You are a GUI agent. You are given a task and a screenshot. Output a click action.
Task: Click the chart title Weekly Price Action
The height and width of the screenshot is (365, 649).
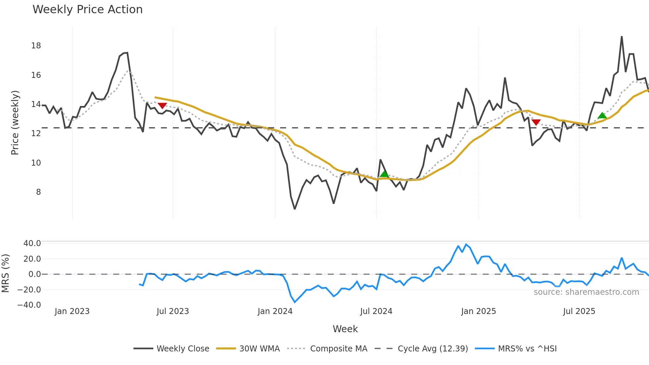[x=87, y=10]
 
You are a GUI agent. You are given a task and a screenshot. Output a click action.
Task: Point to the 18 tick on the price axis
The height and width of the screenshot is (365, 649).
[x=36, y=46]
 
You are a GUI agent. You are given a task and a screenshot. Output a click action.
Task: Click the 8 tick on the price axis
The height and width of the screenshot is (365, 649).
[x=38, y=192]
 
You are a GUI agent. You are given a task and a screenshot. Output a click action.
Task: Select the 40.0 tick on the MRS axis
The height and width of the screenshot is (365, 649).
[x=32, y=243]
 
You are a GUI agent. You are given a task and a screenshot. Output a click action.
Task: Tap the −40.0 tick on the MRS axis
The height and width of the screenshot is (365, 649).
[x=29, y=305]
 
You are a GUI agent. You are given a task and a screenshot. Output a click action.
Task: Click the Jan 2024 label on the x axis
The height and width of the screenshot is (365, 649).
[x=275, y=311]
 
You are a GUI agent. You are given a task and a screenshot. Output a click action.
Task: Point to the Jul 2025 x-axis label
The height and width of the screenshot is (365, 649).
[x=579, y=311]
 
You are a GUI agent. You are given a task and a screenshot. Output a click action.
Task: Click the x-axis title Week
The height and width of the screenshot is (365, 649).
[x=345, y=329]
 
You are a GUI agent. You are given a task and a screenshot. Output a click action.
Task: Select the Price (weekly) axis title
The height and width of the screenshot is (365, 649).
[x=15, y=123]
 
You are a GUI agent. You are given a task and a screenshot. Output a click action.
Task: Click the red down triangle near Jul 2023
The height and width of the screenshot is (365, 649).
[x=162, y=106]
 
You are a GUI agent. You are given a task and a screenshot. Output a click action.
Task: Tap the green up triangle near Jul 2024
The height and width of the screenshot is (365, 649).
[x=384, y=174]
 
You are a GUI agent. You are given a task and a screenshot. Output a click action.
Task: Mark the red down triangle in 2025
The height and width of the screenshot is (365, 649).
[x=536, y=122]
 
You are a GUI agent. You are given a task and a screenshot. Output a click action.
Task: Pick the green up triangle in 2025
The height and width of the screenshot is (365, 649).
[x=602, y=116]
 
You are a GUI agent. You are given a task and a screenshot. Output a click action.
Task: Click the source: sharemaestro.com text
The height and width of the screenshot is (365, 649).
[x=586, y=292]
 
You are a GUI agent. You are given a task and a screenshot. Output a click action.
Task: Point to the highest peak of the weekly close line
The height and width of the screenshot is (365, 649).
[x=622, y=37]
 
